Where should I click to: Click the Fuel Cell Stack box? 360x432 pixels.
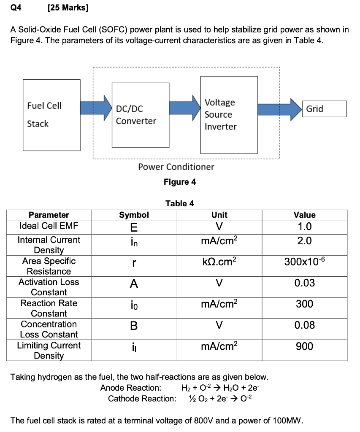tap(51, 114)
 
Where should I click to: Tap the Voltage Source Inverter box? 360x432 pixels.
tap(229, 115)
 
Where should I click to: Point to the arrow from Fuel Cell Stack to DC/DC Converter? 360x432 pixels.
tap(96, 108)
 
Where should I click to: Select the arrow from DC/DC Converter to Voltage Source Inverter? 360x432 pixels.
tap(184, 108)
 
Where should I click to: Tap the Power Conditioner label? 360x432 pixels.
tap(176, 167)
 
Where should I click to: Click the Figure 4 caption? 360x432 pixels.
tap(180, 182)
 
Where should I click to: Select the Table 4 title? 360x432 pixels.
tap(180, 203)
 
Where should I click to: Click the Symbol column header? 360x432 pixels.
tap(134, 215)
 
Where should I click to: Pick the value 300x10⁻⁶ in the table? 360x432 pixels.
tap(304, 262)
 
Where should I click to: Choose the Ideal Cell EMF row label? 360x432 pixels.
tap(49, 226)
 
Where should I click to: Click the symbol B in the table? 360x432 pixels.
tap(134, 326)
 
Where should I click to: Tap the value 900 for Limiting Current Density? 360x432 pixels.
tap(304, 346)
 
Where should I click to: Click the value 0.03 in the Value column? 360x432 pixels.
tap(304, 283)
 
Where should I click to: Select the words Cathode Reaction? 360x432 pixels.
tap(142, 398)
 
